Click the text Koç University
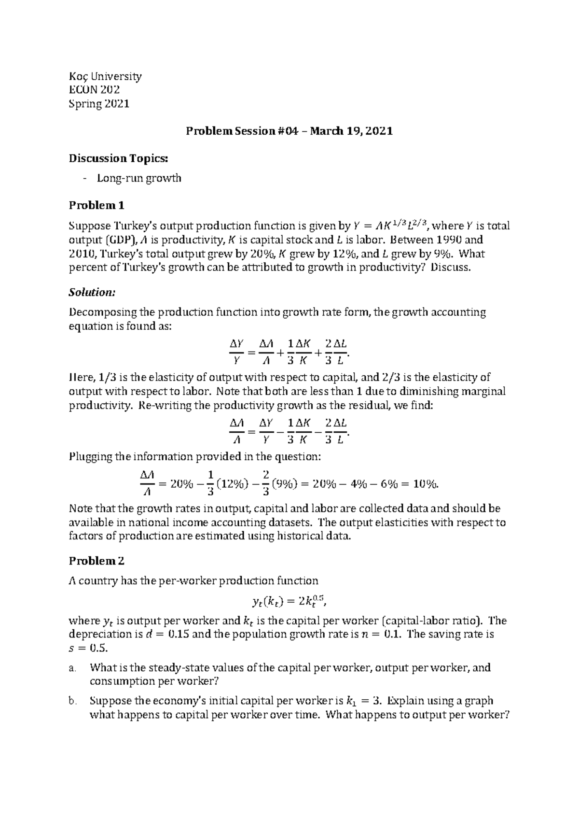click(105, 76)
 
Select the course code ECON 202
click(95, 90)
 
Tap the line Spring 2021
click(99, 103)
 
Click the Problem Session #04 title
click(289, 131)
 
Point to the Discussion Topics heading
click(119, 158)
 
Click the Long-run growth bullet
click(139, 178)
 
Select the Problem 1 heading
click(96, 206)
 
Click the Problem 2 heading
click(96, 561)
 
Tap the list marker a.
click(73, 669)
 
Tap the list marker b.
click(73, 702)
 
